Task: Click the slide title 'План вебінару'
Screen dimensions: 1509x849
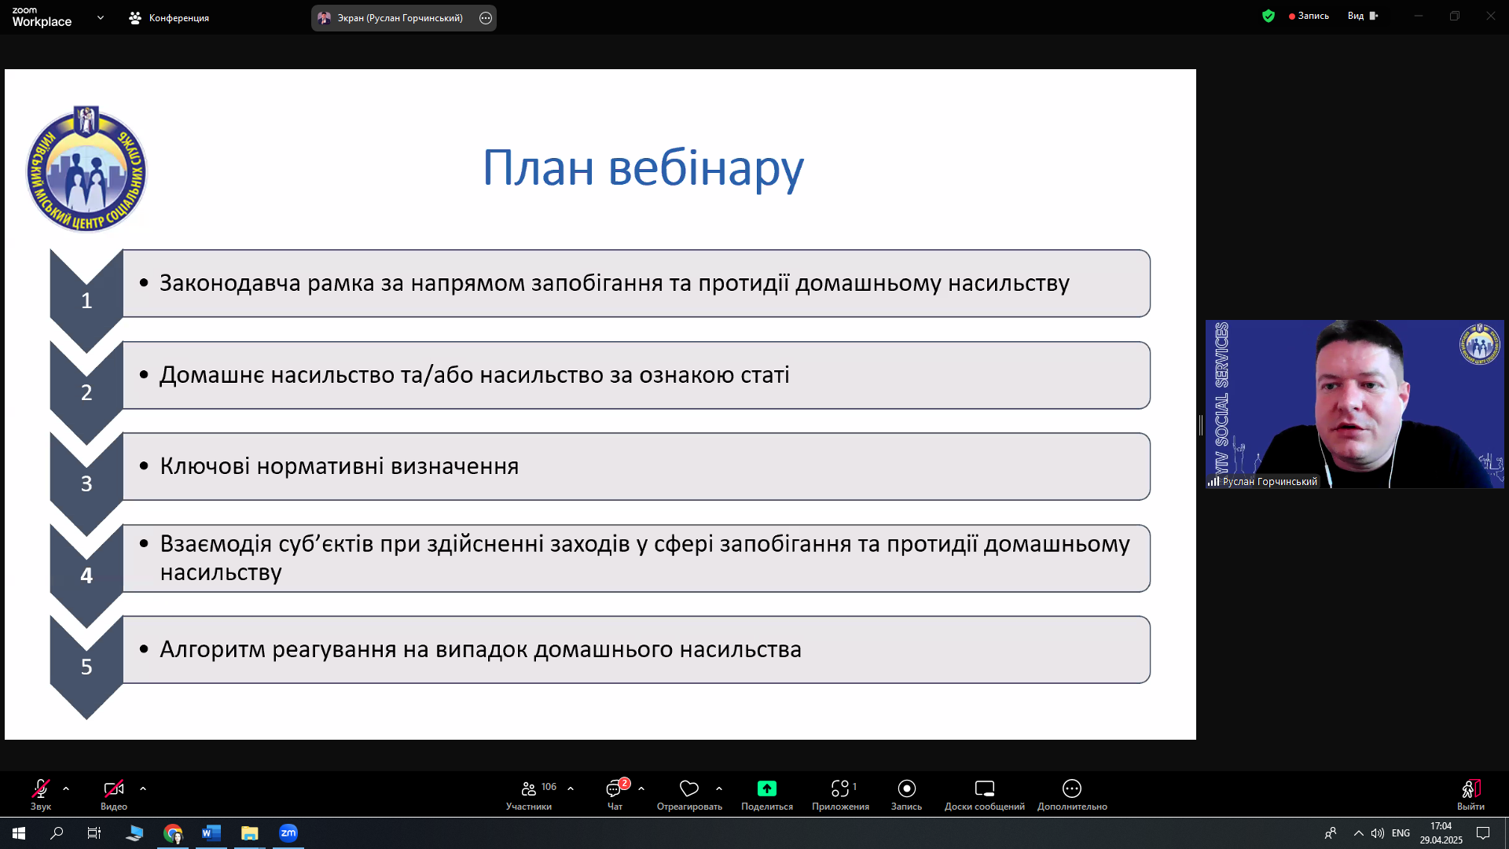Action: [643, 167]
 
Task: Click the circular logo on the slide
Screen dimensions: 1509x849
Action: [86, 169]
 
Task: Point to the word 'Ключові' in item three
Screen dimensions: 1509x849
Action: [205, 466]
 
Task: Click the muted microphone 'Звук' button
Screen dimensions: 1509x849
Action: [41, 793]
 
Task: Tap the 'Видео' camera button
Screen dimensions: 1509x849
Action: [114, 793]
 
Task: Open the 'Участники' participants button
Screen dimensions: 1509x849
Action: [530, 794]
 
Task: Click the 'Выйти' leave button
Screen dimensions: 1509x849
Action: [1470, 794]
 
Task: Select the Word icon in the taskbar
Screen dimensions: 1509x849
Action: [211, 833]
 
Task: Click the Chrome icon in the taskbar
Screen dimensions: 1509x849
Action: [173, 833]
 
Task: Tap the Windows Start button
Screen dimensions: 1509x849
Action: [19, 833]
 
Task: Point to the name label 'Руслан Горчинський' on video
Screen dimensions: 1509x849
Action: [1269, 482]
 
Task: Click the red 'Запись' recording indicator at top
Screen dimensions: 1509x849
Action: [1309, 16]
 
